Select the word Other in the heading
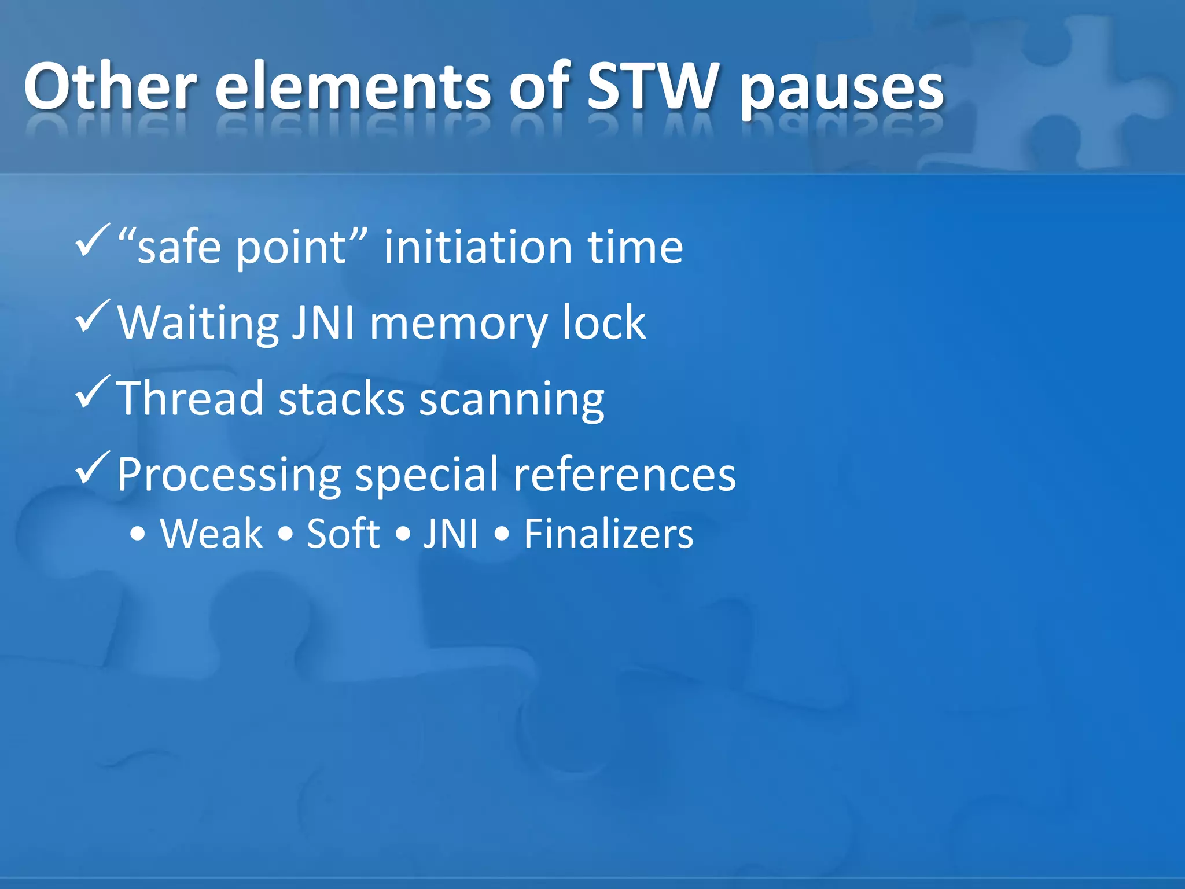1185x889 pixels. [110, 87]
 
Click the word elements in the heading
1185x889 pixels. [353, 87]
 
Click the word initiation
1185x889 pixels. [478, 247]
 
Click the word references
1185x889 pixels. [624, 475]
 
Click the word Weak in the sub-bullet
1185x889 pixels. [211, 534]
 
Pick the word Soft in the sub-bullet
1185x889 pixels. [343, 534]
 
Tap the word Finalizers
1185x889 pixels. [608, 534]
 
